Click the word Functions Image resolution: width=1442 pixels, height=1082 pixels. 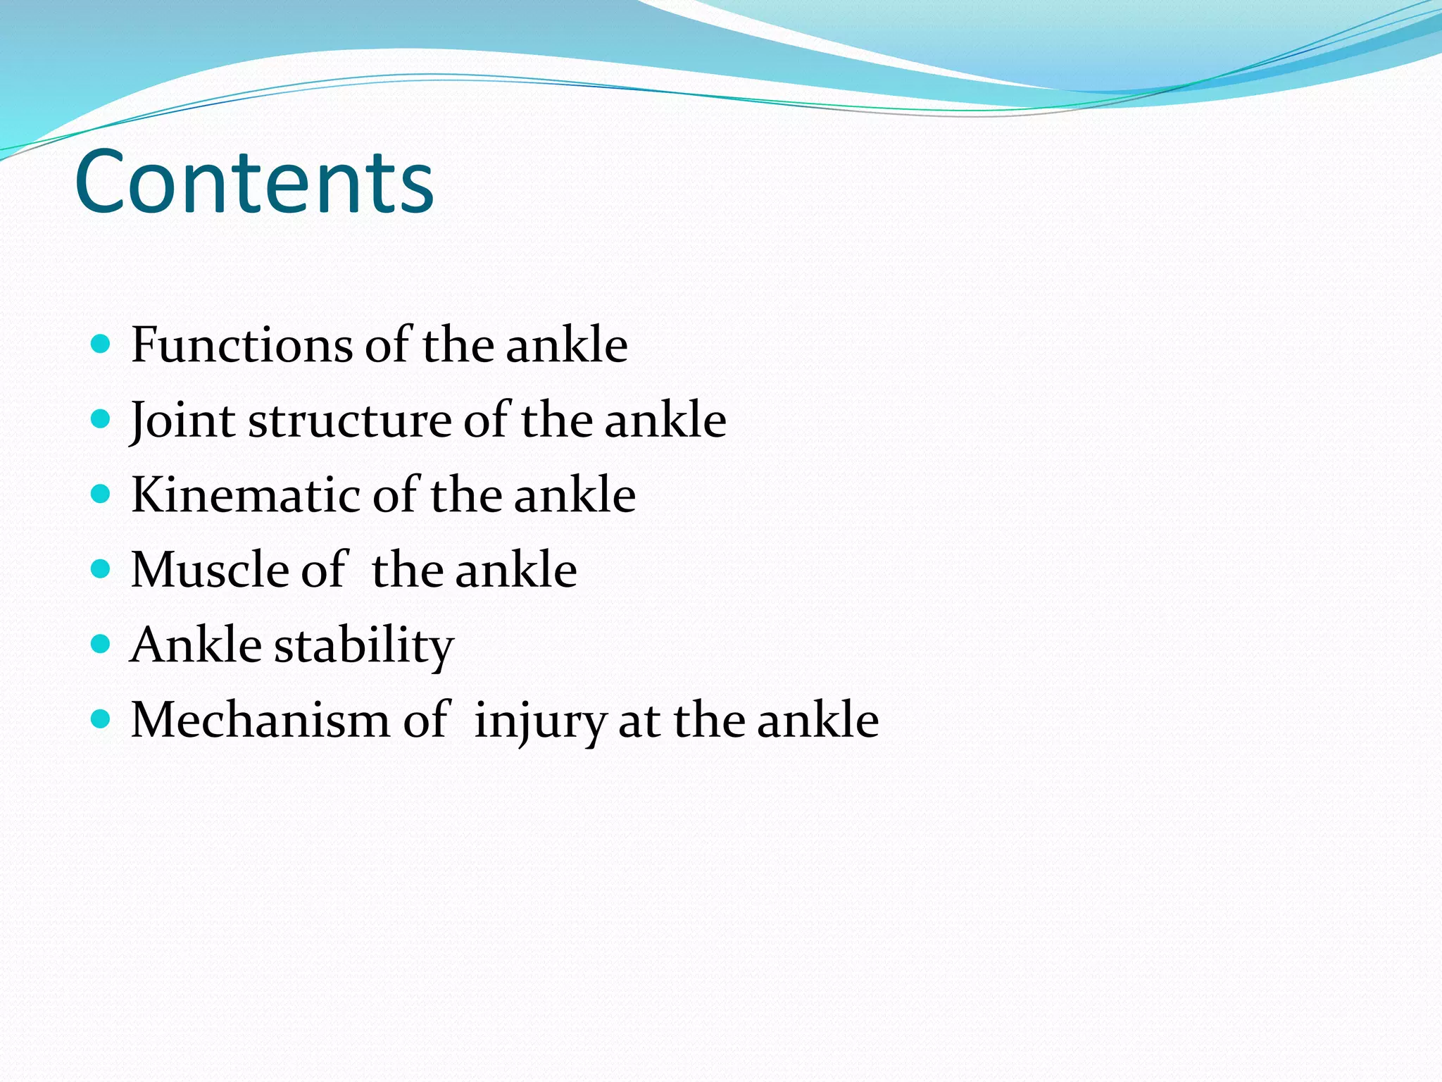click(242, 345)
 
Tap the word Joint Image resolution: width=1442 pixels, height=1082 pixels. click(182, 421)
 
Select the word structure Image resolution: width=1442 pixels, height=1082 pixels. click(350, 421)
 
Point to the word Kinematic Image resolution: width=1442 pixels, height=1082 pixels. click(245, 495)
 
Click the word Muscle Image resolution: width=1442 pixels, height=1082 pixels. click(210, 569)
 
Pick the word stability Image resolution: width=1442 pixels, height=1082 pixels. click(363, 645)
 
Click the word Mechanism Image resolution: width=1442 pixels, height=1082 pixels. click(260, 720)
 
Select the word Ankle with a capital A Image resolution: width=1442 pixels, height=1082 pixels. click(196, 645)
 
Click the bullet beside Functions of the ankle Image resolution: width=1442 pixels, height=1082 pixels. click(101, 344)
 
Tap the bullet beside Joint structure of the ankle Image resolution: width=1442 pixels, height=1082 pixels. click(101, 420)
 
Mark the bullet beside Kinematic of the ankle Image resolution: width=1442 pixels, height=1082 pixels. click(101, 495)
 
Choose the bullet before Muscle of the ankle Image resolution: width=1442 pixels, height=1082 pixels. click(101, 569)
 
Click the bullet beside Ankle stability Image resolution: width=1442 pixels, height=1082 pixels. click(101, 644)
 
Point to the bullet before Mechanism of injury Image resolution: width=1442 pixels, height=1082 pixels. click(101, 719)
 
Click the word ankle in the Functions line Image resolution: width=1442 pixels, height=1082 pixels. click(566, 345)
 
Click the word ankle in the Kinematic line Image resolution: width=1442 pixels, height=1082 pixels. click(575, 495)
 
